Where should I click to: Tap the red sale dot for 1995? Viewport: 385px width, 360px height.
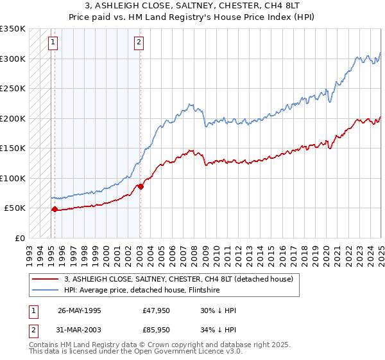55,209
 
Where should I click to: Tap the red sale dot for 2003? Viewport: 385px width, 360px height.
141,186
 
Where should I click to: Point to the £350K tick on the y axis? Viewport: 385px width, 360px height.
13,29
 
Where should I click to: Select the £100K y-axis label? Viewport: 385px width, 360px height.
13,178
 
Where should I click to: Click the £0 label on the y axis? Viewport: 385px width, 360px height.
19,238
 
